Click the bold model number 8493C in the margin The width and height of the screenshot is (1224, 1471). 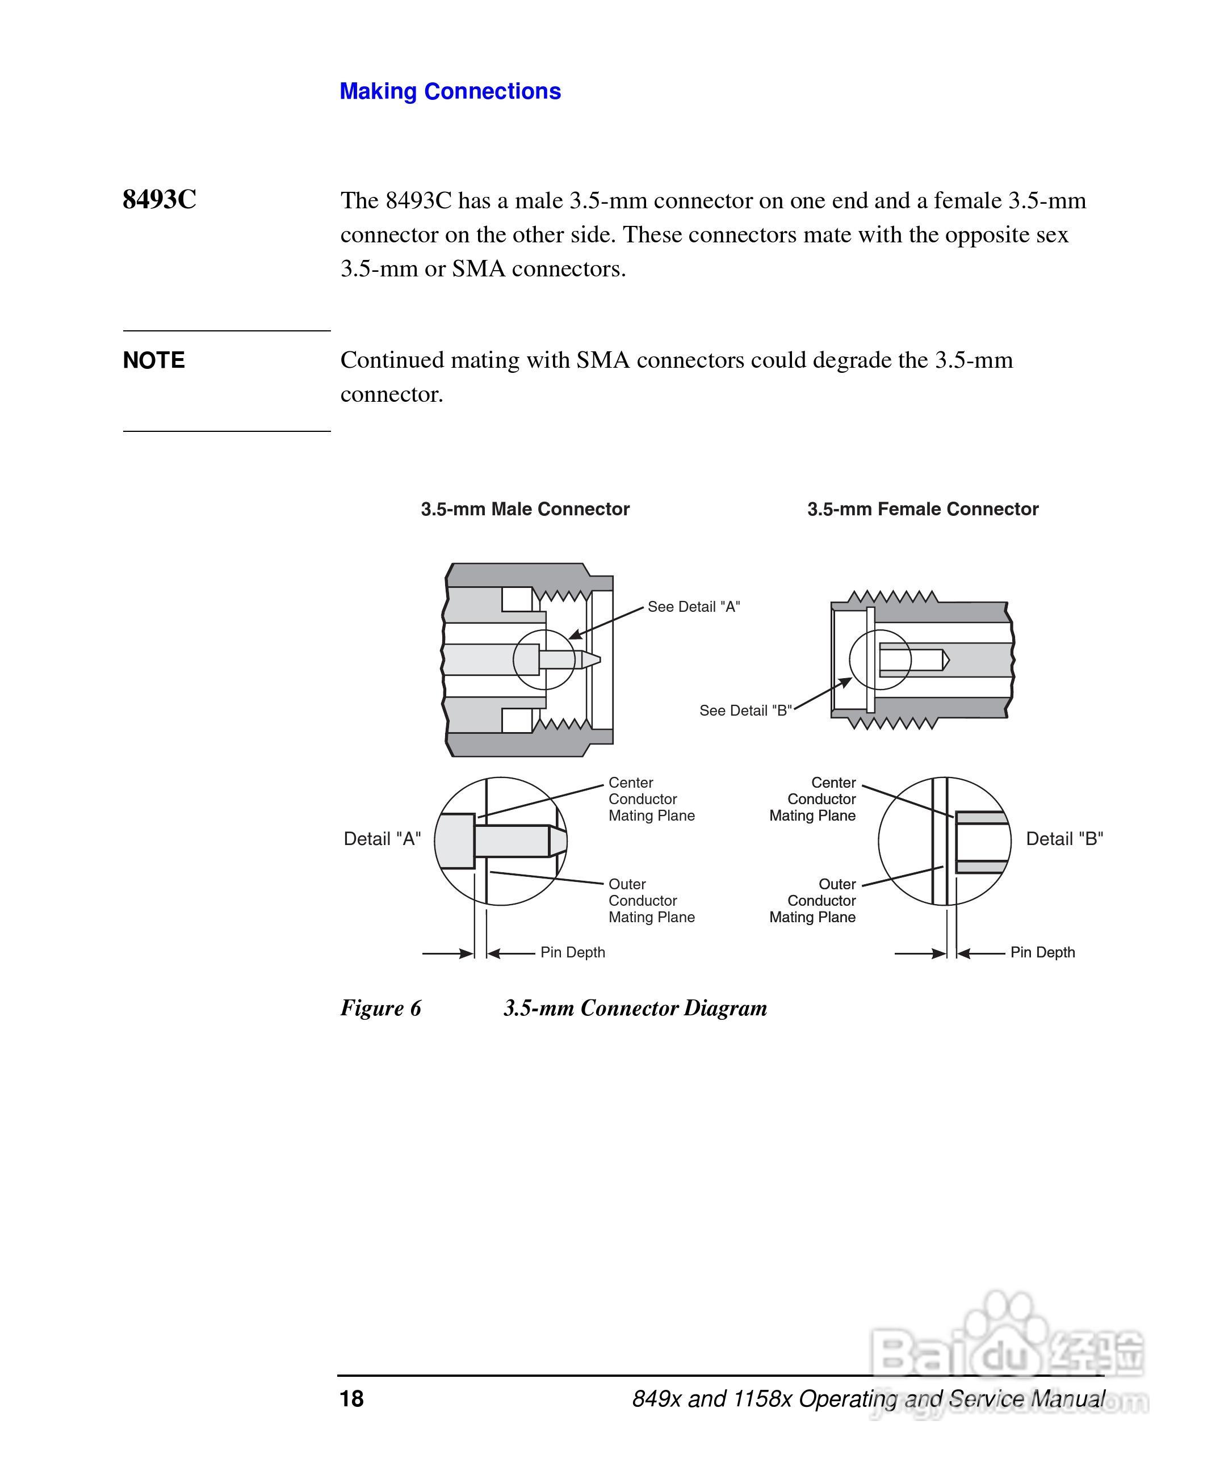[159, 200]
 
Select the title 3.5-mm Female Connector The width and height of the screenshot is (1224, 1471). [922, 509]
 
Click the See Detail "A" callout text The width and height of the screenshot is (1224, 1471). [693, 607]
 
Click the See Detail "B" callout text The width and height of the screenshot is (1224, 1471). [745, 711]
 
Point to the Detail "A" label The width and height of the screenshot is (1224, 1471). [382, 839]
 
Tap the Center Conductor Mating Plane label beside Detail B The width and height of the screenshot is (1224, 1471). [813, 799]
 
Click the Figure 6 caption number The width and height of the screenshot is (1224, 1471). [380, 1008]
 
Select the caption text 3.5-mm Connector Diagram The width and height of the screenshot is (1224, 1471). [635, 1008]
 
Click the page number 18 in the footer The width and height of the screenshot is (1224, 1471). [352, 1399]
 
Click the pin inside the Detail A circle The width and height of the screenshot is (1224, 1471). [512, 841]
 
